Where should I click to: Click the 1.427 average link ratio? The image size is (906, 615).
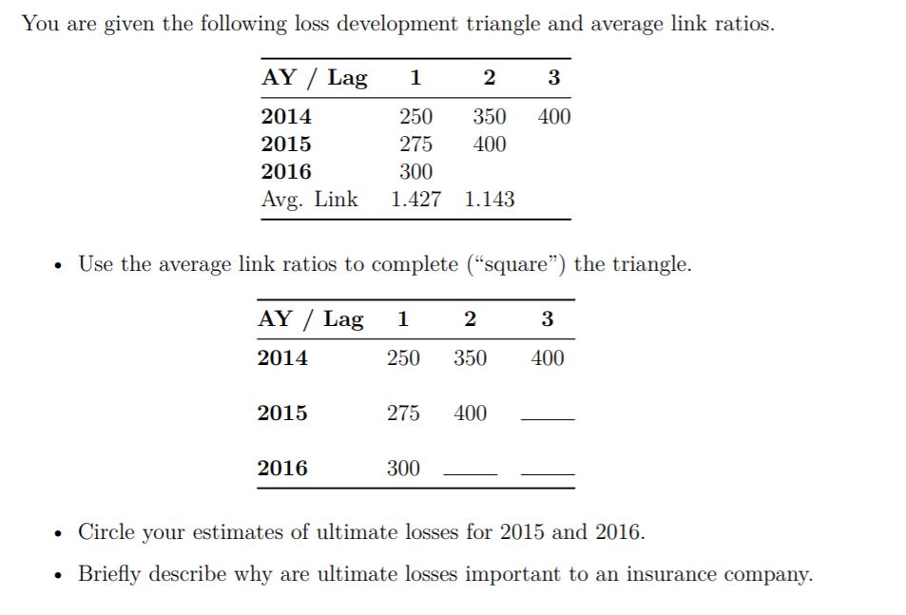[x=415, y=200]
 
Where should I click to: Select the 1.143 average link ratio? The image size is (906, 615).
[x=490, y=200]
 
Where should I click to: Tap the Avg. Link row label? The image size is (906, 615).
[x=309, y=200]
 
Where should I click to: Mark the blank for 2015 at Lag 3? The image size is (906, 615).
[x=549, y=416]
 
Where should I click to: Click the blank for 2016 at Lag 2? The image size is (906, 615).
[x=471, y=471]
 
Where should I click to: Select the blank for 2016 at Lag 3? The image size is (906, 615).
[x=549, y=471]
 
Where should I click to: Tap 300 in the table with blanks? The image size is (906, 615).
[x=403, y=468]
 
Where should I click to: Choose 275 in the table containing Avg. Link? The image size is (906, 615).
[x=415, y=144]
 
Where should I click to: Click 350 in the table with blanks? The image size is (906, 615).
[x=470, y=358]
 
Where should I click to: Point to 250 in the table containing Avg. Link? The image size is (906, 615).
[x=415, y=117]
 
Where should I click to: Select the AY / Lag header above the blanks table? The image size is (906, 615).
[x=310, y=319]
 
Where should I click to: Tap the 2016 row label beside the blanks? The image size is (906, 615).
[x=282, y=468]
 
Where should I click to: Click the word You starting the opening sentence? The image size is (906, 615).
[x=40, y=23]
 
